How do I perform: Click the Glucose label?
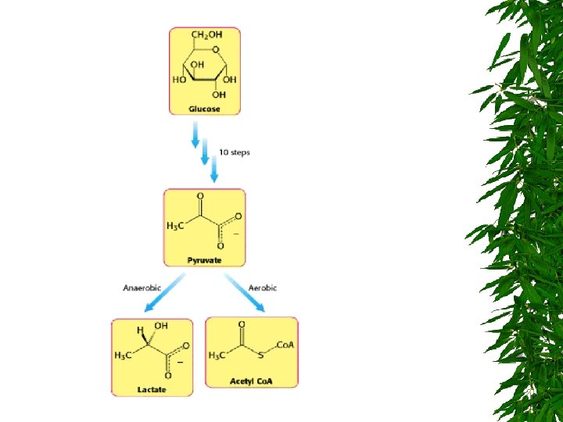(x=205, y=109)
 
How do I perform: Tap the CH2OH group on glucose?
(x=206, y=35)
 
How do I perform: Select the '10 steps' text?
(x=235, y=152)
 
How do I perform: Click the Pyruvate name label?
(x=204, y=259)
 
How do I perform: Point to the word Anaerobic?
(x=142, y=288)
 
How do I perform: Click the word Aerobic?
(x=263, y=288)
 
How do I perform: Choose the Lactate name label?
(x=152, y=389)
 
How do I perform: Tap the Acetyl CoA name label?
(x=252, y=381)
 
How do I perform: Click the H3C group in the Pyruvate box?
(x=176, y=226)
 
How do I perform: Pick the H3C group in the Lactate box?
(x=123, y=355)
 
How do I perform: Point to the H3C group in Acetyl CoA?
(x=217, y=356)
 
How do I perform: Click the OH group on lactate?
(x=161, y=326)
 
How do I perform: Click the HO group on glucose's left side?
(x=179, y=80)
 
